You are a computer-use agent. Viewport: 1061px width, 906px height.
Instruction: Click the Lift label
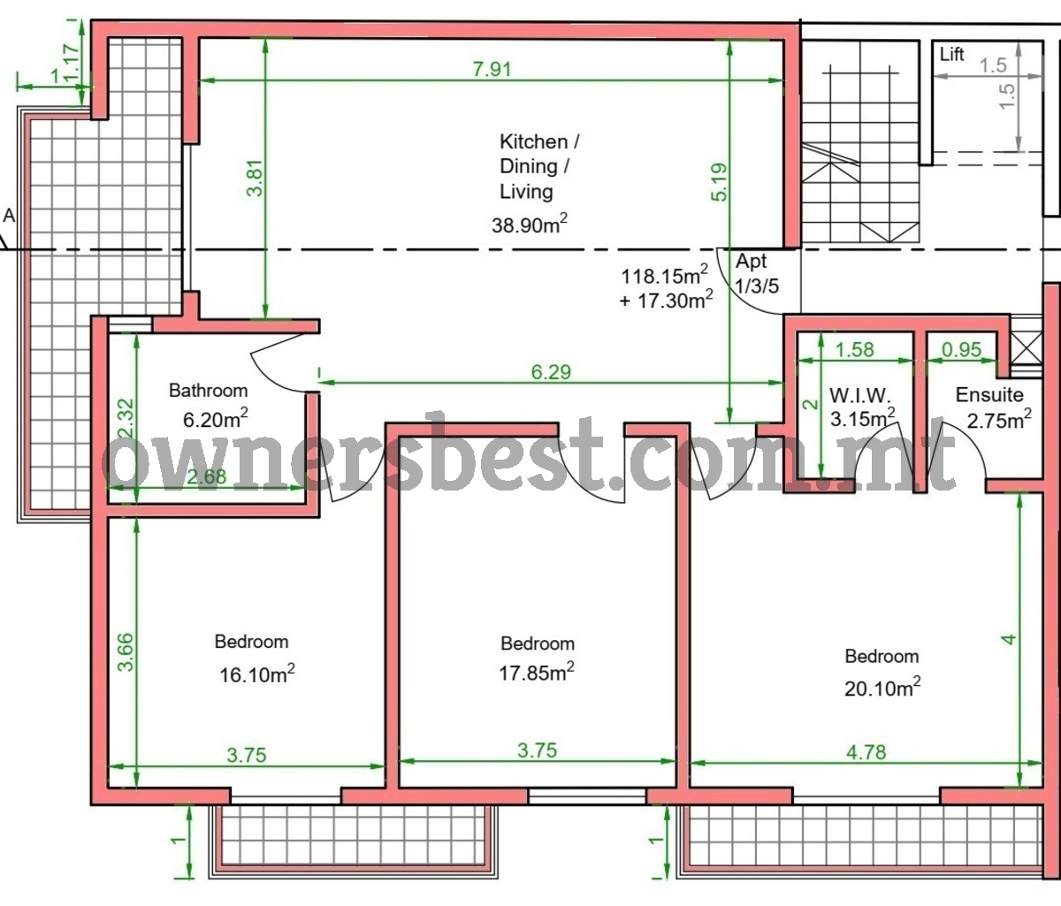click(951, 55)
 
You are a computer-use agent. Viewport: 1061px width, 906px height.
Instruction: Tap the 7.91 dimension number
click(492, 69)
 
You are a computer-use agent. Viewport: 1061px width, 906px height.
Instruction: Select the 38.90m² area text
click(530, 225)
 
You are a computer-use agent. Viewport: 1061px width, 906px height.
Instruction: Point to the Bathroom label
click(209, 391)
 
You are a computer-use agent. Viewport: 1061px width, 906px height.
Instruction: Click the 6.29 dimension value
click(551, 372)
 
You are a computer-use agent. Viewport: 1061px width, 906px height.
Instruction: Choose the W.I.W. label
click(859, 395)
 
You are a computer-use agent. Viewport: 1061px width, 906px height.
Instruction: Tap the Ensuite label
click(989, 394)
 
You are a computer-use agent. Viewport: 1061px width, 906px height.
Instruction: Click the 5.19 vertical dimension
click(721, 181)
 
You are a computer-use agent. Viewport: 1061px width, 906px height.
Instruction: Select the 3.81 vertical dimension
click(256, 178)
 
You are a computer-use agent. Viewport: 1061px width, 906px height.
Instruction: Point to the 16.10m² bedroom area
click(257, 674)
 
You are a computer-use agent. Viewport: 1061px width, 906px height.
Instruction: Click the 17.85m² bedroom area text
click(537, 672)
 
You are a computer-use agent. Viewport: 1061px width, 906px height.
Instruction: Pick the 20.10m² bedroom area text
click(882, 687)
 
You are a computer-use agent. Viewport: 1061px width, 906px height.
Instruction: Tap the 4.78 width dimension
click(866, 752)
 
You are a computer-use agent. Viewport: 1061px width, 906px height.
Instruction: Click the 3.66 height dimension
click(126, 652)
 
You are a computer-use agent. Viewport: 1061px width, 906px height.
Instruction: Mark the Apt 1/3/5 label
click(757, 273)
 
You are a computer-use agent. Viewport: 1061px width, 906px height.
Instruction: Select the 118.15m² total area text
click(665, 276)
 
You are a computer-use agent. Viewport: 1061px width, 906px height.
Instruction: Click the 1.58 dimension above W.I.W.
click(855, 349)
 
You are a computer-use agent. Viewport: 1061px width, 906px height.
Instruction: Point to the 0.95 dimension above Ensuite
click(962, 349)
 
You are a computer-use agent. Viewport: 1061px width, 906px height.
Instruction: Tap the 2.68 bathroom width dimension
click(206, 476)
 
